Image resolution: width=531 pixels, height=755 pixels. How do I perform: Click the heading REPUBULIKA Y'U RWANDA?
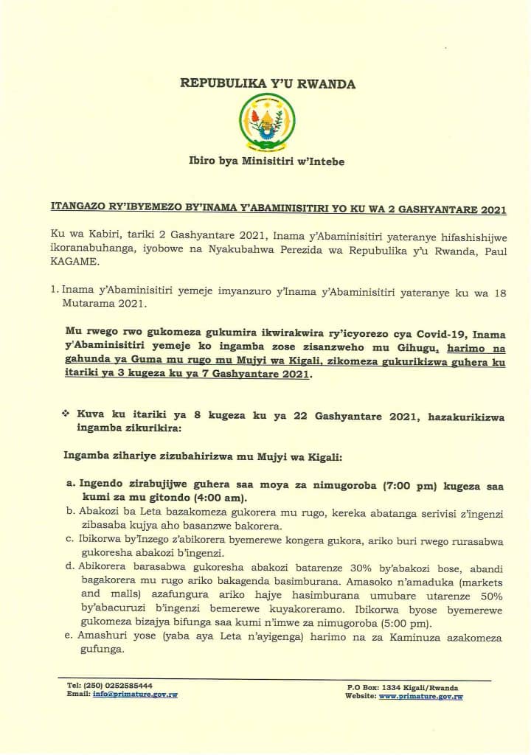click(x=268, y=84)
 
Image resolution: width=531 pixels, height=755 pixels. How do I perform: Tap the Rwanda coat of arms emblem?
click(x=268, y=122)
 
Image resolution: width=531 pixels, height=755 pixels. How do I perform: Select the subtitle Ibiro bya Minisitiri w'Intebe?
click(x=268, y=161)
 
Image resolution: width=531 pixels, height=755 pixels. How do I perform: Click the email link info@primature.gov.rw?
click(x=135, y=695)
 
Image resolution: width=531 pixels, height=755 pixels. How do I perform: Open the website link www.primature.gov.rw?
click(x=420, y=696)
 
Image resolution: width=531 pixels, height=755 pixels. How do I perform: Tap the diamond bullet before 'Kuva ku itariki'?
click(x=66, y=415)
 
